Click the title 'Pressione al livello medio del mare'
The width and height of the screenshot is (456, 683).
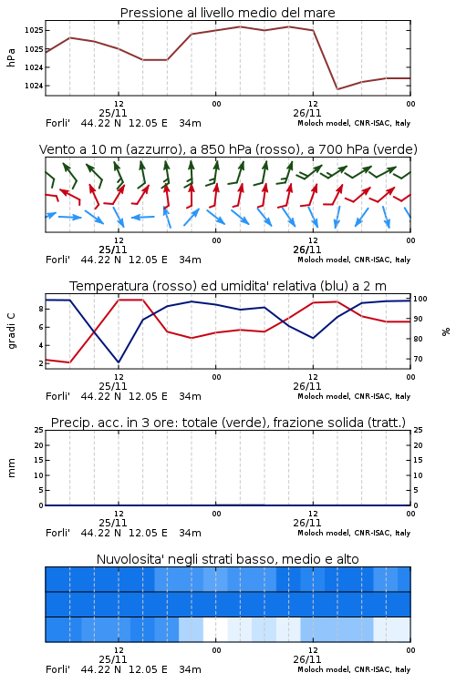pos(227,13)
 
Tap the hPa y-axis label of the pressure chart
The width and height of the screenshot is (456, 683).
pos(11,57)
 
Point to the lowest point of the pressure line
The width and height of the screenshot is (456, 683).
pos(337,89)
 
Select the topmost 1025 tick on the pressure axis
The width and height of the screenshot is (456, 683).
pos(34,30)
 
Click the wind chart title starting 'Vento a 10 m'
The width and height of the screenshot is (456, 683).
pos(228,149)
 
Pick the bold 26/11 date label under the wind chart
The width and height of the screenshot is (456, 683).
pos(306,250)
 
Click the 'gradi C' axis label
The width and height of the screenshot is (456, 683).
pos(11,331)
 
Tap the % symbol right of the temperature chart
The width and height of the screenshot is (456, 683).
pos(446,331)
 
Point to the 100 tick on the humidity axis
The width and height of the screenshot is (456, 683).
pos(420,299)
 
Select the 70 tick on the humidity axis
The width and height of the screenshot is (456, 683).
pos(418,359)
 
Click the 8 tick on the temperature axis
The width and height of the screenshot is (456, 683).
pos(41,309)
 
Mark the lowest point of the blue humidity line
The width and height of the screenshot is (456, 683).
pos(119,362)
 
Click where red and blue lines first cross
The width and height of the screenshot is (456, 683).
pos(94,331)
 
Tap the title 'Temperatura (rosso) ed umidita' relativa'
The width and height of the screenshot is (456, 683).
pos(227,286)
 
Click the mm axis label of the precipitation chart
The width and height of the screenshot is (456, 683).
pos(11,467)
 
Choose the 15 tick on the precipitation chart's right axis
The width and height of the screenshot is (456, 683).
pos(418,460)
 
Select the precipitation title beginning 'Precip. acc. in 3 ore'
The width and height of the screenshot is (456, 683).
pos(228,423)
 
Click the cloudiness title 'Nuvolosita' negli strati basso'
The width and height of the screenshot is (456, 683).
pos(227,559)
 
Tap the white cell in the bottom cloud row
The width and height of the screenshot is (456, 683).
pos(215,629)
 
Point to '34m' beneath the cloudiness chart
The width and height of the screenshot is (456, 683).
pos(190,669)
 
